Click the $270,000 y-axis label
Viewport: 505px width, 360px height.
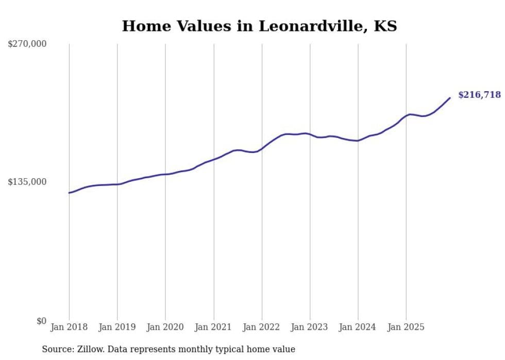tap(27, 44)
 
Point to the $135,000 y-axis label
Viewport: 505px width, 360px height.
tap(27, 182)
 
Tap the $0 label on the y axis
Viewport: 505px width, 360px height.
tap(41, 321)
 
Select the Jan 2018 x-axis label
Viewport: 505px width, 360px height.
tap(69, 327)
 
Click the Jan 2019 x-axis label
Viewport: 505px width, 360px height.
tap(117, 327)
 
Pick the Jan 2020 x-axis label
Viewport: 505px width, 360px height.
tap(165, 327)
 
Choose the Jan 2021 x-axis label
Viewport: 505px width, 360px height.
tap(213, 327)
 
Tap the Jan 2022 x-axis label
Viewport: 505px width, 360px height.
tap(262, 327)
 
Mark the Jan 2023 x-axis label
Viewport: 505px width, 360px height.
tap(310, 327)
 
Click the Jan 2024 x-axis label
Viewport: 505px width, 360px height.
tap(358, 327)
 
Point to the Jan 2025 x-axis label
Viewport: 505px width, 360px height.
tap(406, 327)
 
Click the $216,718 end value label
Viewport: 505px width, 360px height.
tap(479, 95)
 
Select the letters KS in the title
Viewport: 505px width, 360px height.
tap(385, 26)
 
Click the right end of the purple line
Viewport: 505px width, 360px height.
tap(450, 98)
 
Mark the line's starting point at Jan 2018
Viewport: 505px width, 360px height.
tap(69, 193)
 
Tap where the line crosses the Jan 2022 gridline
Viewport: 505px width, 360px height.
tap(262, 148)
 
